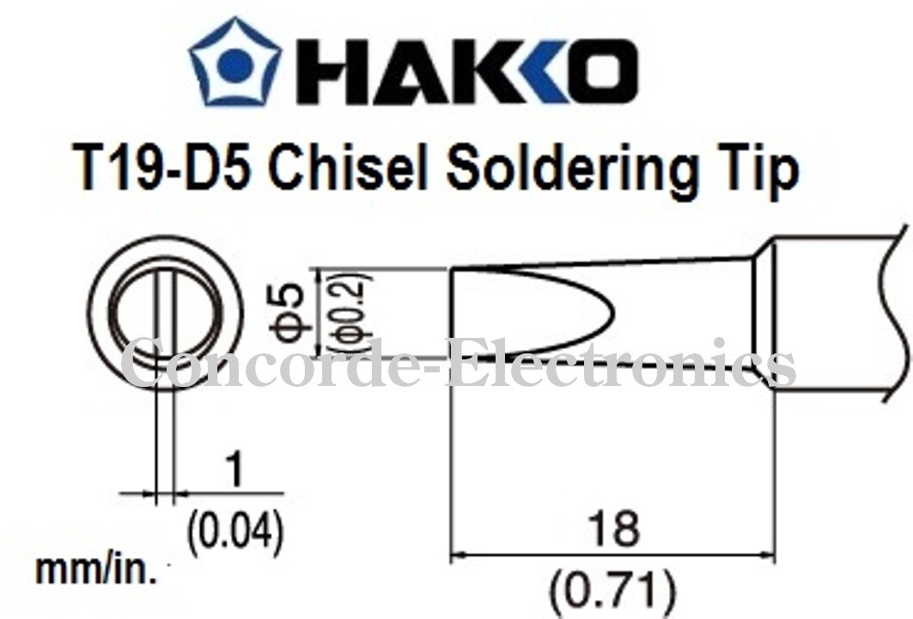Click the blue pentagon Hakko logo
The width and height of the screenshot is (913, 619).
235,65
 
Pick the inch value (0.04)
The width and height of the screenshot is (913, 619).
234,531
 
